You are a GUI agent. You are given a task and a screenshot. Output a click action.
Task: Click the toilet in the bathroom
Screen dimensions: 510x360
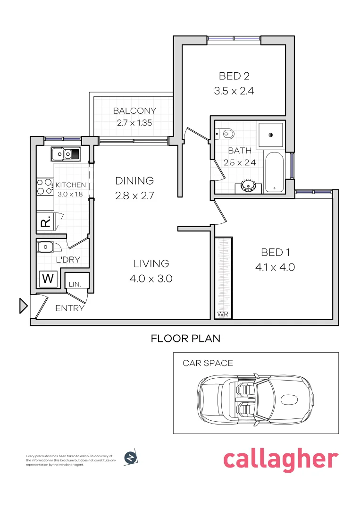click(226, 134)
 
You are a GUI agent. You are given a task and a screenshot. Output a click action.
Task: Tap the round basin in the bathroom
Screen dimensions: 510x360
click(248, 186)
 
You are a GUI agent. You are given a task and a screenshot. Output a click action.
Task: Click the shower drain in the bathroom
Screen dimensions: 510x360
click(271, 135)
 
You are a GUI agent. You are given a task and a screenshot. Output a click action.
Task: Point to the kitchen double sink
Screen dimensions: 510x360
click(65, 153)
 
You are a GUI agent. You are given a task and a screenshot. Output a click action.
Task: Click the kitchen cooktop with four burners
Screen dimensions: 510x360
click(45, 186)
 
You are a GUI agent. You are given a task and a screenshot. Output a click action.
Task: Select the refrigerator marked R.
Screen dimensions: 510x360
click(46, 221)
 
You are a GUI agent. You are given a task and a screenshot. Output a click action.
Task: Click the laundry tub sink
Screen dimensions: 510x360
click(46, 246)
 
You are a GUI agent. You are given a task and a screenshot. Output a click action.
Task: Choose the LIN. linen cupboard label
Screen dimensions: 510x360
click(75, 284)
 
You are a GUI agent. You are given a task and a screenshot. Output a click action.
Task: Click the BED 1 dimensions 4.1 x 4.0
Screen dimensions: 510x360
click(275, 267)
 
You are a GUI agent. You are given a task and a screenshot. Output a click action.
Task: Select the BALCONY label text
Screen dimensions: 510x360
click(134, 111)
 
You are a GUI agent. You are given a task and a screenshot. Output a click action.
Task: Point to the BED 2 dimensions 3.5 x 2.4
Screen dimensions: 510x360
click(234, 91)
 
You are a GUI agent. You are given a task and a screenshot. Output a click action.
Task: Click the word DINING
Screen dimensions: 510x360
click(134, 180)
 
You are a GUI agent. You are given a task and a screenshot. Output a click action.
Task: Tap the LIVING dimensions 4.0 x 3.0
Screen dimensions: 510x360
click(151, 279)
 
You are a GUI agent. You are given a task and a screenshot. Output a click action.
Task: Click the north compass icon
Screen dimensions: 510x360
click(130, 458)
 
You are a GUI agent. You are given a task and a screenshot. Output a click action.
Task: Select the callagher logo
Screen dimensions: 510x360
click(280, 459)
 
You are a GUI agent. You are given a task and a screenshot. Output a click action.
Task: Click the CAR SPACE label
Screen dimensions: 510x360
click(208, 363)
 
